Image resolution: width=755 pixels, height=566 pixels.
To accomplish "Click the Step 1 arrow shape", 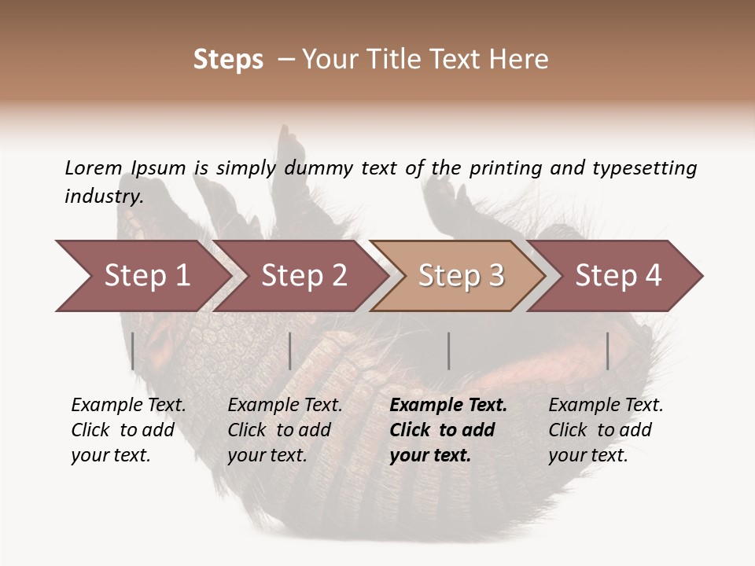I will point(146,276).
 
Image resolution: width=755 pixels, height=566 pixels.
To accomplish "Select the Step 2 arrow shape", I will point(304,276).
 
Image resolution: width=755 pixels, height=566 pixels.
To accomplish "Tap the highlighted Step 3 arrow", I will point(461,276).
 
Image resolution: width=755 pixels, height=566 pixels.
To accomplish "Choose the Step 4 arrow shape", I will point(618,276).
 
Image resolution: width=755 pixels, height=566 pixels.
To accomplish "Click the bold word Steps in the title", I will point(228,59).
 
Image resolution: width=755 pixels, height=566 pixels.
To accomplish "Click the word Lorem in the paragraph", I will point(94,167).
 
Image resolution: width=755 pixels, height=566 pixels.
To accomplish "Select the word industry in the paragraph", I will point(103,196).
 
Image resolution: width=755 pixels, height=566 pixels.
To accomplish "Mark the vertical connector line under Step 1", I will point(133,351).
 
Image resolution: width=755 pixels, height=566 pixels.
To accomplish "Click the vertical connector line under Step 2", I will point(290,351).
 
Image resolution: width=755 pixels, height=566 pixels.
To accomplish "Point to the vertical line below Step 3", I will point(449,351).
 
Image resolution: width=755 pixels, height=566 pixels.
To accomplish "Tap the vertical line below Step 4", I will point(608,351).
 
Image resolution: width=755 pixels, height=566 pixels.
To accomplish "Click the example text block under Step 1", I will point(128,430).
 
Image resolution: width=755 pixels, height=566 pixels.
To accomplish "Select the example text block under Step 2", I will point(285,430).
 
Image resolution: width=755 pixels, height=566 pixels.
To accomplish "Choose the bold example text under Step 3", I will point(448,430).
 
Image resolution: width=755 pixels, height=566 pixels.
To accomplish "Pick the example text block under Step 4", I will point(606,430).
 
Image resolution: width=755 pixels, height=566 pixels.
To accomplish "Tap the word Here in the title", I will point(517,59).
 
